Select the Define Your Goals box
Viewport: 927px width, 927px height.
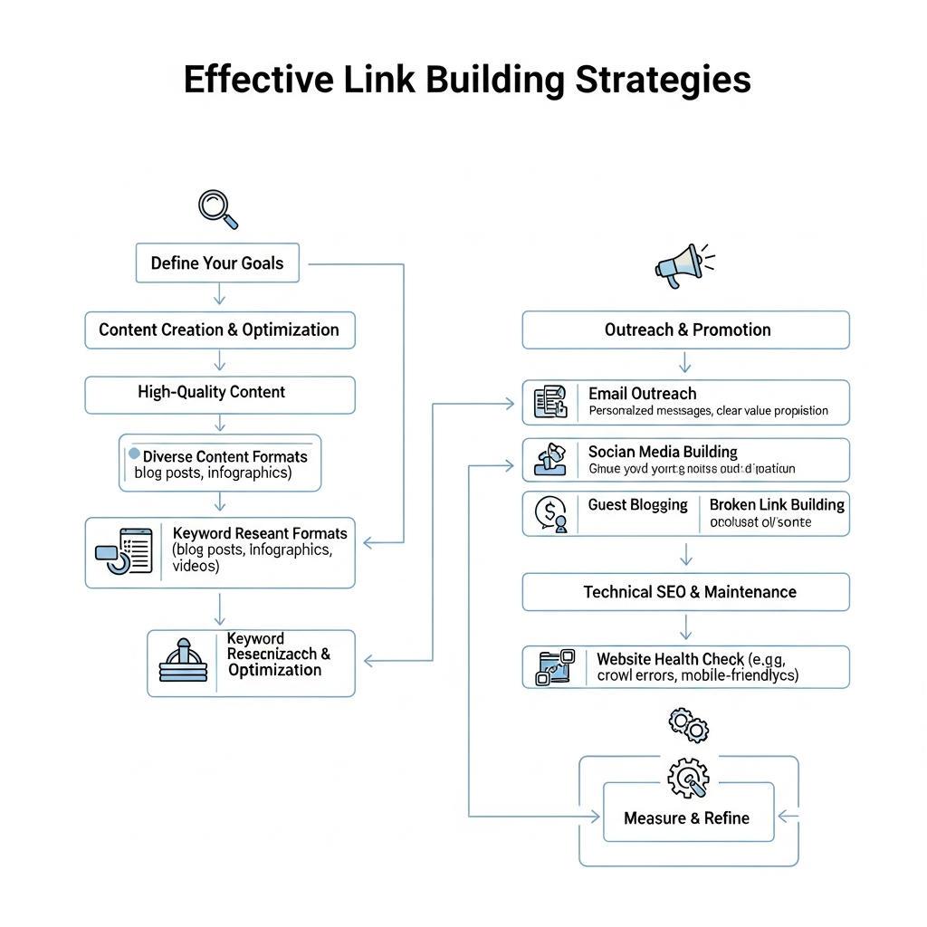point(217,263)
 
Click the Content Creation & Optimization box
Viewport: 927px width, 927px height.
point(219,330)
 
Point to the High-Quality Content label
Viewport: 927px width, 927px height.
point(211,392)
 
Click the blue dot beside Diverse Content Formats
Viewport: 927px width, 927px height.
point(135,454)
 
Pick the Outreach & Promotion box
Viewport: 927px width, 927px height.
point(686,330)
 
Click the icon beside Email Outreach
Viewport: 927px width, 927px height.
point(550,402)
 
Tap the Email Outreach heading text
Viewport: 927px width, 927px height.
point(642,394)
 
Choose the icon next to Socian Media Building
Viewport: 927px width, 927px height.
point(550,460)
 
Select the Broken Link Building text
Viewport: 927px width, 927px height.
point(777,504)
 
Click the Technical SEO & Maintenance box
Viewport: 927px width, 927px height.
point(686,592)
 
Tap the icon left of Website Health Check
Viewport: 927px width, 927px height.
point(555,667)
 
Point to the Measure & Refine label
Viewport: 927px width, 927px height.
point(686,818)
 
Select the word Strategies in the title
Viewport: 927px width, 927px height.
point(662,80)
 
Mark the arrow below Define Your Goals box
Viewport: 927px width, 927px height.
point(218,295)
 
